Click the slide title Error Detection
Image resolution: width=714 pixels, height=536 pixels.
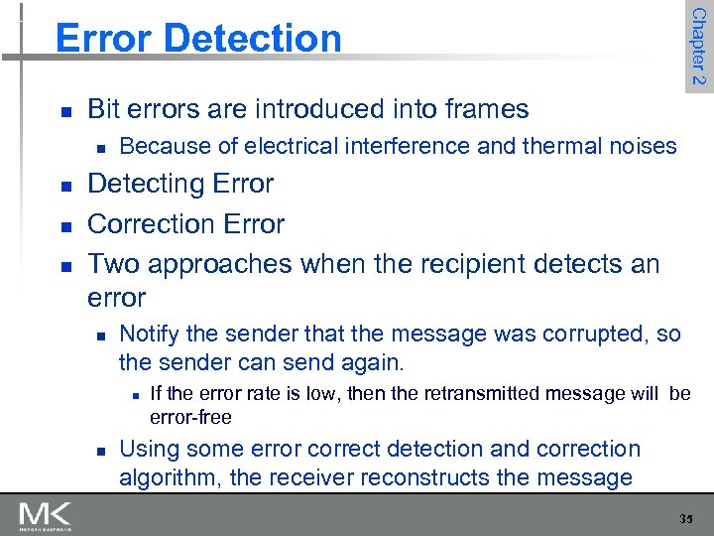click(198, 38)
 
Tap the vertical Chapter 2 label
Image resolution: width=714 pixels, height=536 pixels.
click(698, 46)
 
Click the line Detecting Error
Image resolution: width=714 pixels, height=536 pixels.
click(180, 184)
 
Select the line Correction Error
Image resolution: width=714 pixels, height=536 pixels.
click(186, 223)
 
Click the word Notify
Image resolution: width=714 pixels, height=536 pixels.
click(148, 335)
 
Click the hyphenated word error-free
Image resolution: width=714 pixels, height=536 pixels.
click(190, 417)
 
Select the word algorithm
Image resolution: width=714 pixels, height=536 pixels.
click(170, 477)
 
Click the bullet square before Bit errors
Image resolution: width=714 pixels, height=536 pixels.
click(64, 110)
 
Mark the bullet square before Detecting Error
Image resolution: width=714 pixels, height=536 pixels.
click(64, 186)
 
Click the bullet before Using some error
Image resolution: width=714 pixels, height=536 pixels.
click(100, 452)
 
